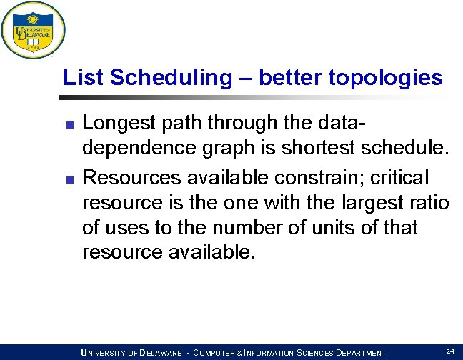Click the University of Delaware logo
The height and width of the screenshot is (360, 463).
click(33, 30)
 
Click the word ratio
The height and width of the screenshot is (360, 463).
click(432, 202)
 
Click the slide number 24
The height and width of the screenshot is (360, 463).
click(450, 351)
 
